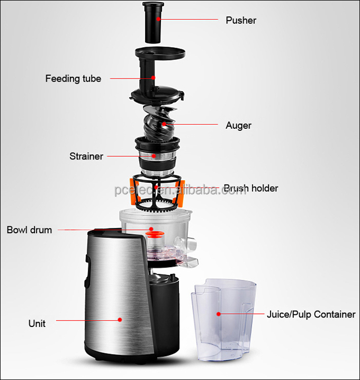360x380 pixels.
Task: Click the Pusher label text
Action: coord(241,20)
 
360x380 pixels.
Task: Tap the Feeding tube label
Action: coord(73,78)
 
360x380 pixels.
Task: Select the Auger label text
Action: coord(238,126)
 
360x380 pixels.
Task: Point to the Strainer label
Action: coord(86,156)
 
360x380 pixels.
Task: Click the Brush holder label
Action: coord(250,188)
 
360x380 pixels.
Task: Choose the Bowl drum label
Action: coord(29,230)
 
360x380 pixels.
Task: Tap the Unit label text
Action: coord(37,323)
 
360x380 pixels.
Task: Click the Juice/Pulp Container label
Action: coord(311,314)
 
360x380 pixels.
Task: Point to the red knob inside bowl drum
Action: coord(151,232)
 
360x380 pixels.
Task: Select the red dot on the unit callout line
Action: coord(120,320)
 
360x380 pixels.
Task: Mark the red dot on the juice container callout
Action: coord(218,314)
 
